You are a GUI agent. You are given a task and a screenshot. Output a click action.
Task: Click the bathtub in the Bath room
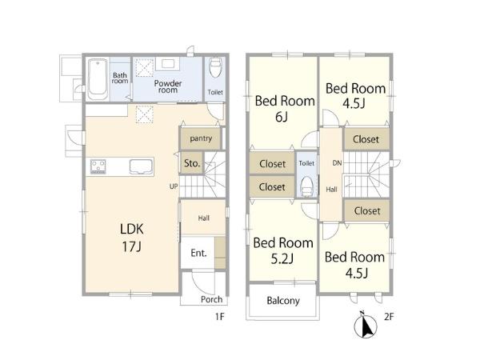coord(98,79)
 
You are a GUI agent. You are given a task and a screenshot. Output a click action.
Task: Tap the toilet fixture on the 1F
coord(215,68)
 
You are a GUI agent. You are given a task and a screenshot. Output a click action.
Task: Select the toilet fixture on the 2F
coord(306,186)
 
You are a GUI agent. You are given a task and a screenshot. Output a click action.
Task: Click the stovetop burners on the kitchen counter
coord(98,166)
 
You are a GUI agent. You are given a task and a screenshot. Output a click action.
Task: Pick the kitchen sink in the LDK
coord(141,167)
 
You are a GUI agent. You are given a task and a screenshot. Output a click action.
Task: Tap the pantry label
coord(201,138)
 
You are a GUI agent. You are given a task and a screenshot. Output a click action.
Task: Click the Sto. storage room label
coord(192,163)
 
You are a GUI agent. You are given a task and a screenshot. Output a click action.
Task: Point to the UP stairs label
coord(174,186)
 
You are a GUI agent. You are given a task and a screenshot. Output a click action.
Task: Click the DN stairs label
coord(337,163)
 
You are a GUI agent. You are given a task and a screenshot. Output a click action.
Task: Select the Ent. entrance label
coord(198,253)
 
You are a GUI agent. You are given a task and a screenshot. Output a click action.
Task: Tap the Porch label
coord(211,299)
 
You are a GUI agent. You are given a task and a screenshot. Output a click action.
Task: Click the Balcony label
coord(283,301)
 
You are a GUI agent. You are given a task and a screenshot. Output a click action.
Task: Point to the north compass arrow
coord(366,326)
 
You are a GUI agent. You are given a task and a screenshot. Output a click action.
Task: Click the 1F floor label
coord(220,316)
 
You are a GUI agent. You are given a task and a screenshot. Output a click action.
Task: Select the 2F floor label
coord(389,316)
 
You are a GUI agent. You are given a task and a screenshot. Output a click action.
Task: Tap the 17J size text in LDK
coord(132,246)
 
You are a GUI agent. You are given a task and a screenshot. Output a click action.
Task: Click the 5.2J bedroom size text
coord(282,259)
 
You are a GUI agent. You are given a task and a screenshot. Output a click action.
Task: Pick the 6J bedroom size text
coord(282,117)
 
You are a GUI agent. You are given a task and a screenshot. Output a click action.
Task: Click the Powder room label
coord(168,86)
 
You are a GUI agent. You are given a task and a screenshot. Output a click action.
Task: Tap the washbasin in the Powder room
coord(168,64)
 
